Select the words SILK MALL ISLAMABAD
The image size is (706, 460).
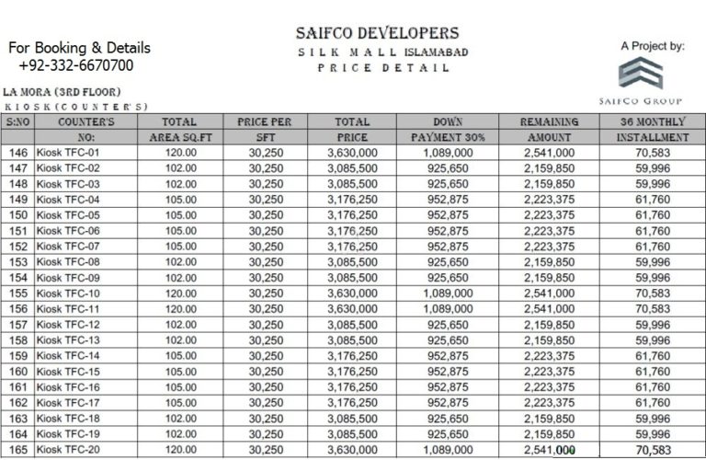tap(382, 52)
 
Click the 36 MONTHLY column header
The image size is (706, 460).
tap(652, 121)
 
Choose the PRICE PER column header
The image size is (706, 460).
tap(265, 121)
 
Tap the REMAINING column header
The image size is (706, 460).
tap(549, 121)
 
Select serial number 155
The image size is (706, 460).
tap(17, 293)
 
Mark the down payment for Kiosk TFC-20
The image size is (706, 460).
tap(450, 450)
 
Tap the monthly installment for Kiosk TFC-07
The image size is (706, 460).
tap(652, 246)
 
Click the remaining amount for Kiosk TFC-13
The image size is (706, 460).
tap(549, 339)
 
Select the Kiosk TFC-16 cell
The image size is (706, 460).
tap(67, 387)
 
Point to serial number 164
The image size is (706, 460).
tap(17, 434)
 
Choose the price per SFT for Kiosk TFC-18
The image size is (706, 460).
tap(265, 419)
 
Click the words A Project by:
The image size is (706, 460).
tap(652, 45)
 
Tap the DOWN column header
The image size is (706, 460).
tap(450, 121)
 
